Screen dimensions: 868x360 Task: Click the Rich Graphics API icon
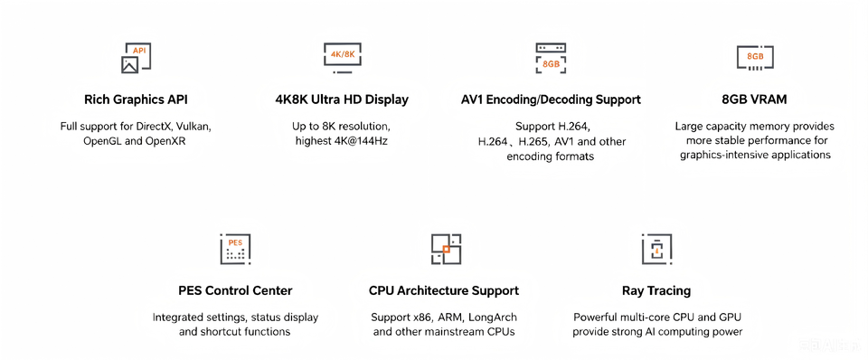(137, 58)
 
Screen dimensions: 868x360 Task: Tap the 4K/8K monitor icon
(343, 58)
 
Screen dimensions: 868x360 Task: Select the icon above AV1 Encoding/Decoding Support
(551, 58)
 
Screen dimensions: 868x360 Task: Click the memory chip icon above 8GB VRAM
(755, 58)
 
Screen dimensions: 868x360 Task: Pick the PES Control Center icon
(235, 249)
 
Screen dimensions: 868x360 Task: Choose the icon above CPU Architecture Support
(446, 249)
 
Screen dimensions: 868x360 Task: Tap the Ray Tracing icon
(656, 249)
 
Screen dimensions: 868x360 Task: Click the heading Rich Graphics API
(136, 99)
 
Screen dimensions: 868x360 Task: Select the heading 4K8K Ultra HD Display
(342, 99)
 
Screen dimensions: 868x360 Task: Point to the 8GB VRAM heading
(755, 99)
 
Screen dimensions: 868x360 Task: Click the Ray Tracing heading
(656, 290)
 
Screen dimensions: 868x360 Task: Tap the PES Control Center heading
(235, 290)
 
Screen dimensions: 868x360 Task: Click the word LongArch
(493, 317)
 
